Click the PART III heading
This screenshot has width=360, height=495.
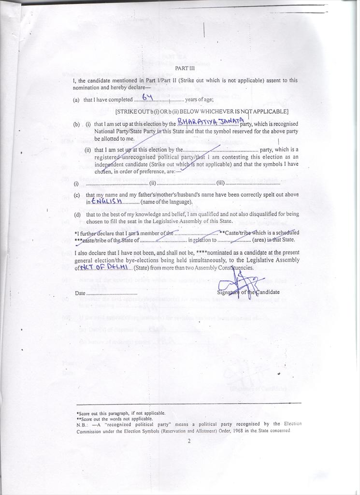coord(185,69)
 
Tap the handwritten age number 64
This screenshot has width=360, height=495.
coord(147,98)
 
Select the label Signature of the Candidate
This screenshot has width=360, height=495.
coord(248,292)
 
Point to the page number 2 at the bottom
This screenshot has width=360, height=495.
coord(189,441)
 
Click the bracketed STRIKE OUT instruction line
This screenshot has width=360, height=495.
coord(202,112)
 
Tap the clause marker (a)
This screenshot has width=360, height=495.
coord(76,100)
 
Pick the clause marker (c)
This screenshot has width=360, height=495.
coord(76,195)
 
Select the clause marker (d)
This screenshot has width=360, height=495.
coord(76,214)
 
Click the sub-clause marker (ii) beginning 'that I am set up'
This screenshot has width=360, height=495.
coord(88,150)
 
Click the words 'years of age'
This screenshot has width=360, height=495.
coord(200,100)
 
